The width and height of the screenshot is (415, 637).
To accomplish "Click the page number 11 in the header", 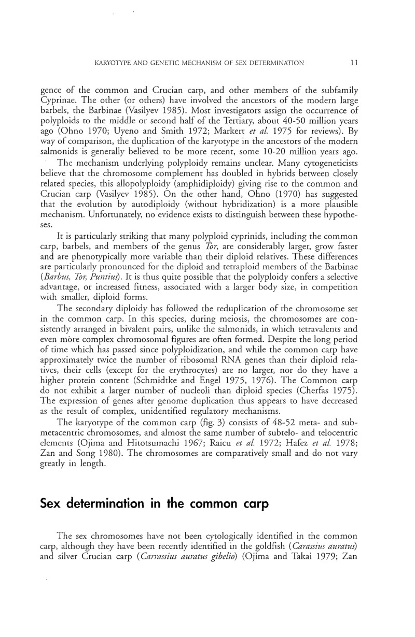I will tap(354, 63).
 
